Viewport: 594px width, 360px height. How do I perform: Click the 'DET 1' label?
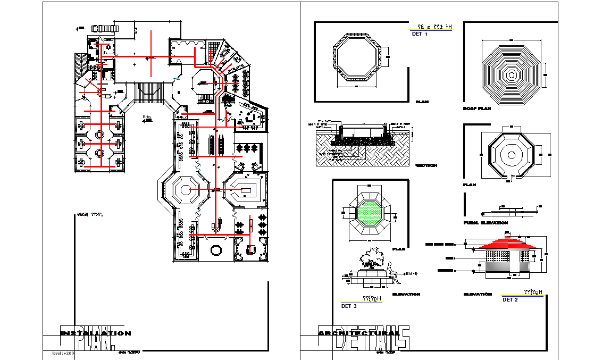420,34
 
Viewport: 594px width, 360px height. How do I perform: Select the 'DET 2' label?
510,299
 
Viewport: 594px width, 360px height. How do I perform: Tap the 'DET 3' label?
349,306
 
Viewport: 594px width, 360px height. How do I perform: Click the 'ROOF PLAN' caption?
476,108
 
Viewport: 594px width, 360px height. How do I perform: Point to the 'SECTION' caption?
426,165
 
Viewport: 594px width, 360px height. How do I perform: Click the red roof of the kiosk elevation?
508,244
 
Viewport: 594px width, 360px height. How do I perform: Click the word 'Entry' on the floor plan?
147,116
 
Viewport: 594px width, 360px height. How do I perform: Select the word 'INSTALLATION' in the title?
95,333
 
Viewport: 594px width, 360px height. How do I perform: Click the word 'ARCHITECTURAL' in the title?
359,333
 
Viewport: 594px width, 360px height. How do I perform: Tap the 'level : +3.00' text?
63,353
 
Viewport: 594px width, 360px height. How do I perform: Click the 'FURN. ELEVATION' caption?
486,223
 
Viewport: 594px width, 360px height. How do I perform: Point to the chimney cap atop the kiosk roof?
508,233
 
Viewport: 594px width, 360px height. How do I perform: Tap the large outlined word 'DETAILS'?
372,339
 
